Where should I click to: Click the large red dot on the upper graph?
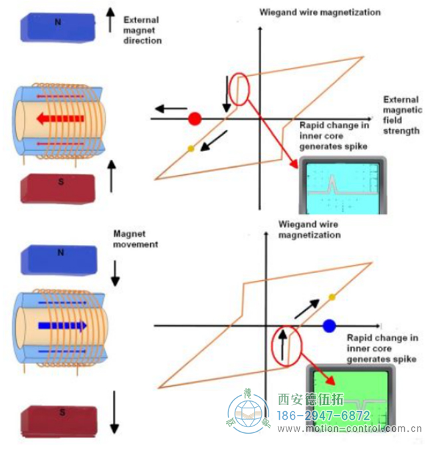(x=194, y=119)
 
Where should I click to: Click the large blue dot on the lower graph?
(x=328, y=325)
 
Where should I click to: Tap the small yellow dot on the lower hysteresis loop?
(x=331, y=296)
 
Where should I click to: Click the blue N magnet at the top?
(x=58, y=25)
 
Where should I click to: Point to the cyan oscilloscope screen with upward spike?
(x=340, y=189)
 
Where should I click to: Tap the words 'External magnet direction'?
(x=142, y=31)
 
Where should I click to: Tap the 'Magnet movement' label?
(x=136, y=239)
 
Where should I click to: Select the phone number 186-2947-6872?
(x=323, y=416)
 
